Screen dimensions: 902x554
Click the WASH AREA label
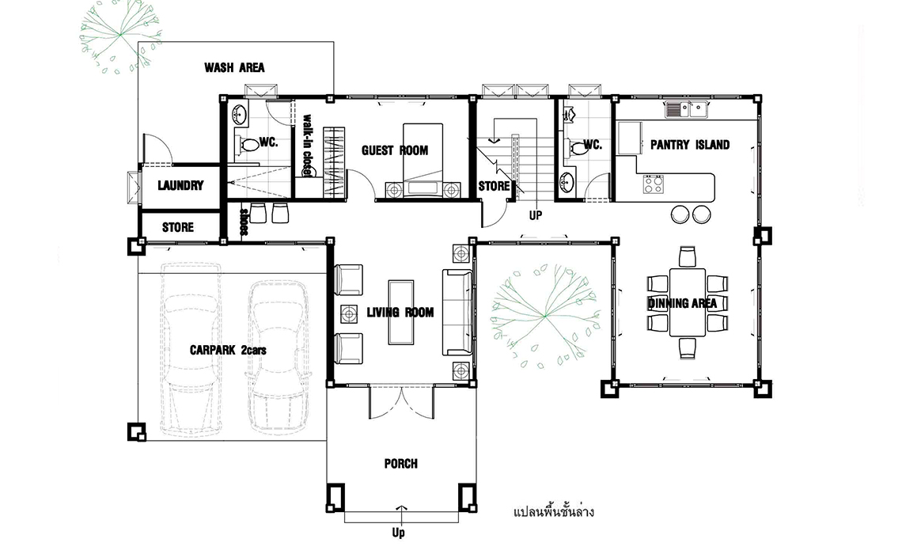pos(234,68)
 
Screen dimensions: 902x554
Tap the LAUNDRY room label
pos(180,185)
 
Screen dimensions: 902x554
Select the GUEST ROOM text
pos(395,150)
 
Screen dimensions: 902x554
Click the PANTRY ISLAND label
pos(690,145)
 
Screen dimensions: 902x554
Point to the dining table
pos(688,302)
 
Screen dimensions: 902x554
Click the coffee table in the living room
pos(401,313)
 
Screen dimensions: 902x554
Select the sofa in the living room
pos(457,313)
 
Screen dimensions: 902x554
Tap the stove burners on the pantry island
pos(653,184)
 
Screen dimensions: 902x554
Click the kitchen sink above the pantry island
pos(686,108)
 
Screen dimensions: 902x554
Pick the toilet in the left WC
pos(248,144)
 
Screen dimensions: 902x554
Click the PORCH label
pos(401,464)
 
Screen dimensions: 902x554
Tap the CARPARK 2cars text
pos(228,350)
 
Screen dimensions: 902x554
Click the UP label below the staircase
pos(536,215)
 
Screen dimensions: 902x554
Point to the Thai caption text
pos(553,510)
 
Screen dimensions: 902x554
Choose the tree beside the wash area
pos(120,36)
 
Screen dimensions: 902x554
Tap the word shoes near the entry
pos(244,222)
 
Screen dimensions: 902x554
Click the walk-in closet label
pos(308,145)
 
